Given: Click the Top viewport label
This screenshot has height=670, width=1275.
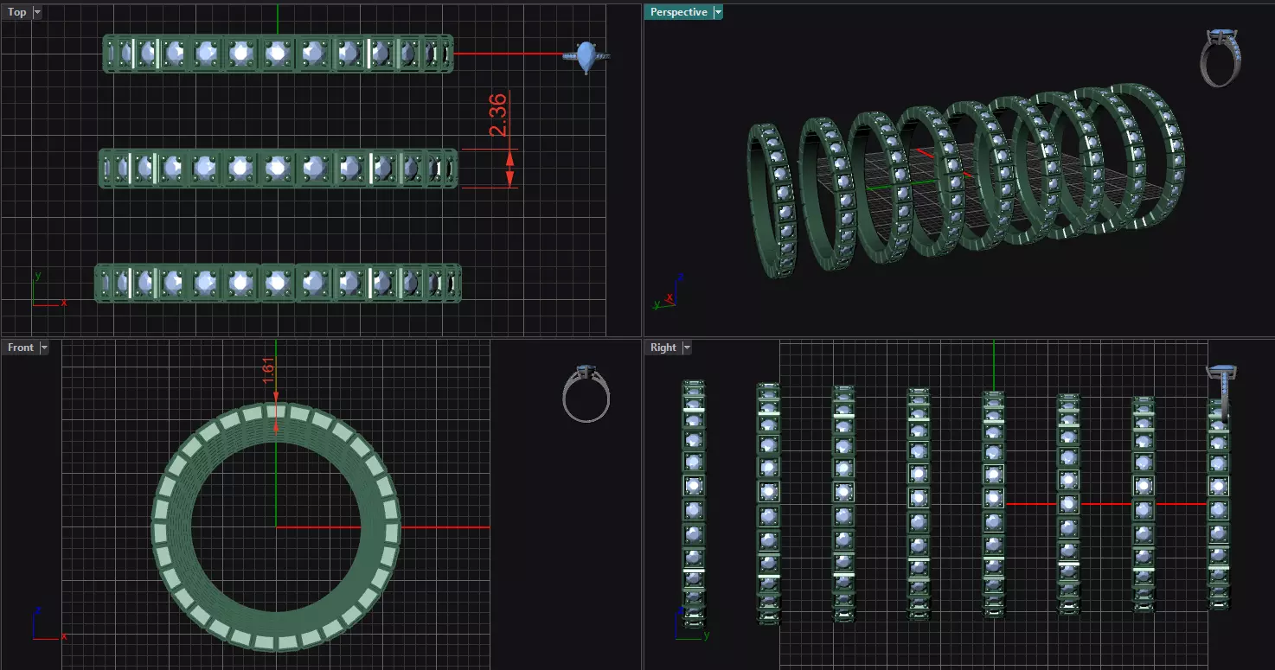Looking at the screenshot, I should [x=17, y=12].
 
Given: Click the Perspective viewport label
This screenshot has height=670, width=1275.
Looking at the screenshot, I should [x=678, y=12].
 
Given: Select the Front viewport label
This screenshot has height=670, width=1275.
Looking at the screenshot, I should [x=21, y=348].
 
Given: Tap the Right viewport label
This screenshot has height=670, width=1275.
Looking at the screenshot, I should [x=663, y=348].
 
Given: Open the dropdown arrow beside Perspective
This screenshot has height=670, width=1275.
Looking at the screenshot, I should [x=718, y=12].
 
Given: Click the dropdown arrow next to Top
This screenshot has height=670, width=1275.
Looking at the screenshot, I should [x=37, y=12].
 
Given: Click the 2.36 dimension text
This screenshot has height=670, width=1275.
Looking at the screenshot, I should [x=499, y=116].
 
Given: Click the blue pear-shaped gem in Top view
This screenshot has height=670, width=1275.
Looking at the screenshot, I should [x=587, y=56].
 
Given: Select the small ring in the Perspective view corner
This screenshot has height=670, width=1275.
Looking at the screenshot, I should [x=1221, y=58].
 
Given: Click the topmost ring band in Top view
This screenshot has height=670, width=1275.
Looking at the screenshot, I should [x=277, y=54].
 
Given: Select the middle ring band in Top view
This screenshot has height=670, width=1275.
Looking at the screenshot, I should [x=277, y=168].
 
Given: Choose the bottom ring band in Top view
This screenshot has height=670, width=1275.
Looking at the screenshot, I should [x=277, y=283].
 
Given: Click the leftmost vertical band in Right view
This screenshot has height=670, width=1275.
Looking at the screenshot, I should [x=694, y=501].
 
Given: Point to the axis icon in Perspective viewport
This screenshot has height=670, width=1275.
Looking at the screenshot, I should [x=667, y=294].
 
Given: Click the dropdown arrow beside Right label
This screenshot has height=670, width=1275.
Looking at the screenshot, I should [x=687, y=348].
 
